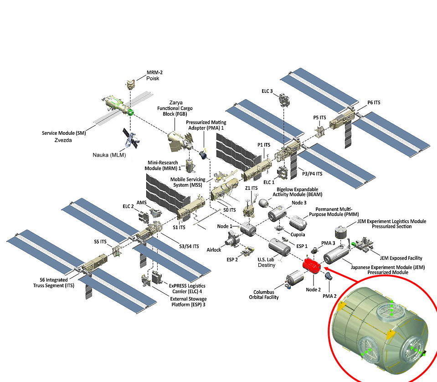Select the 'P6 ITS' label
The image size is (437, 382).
(x=374, y=103)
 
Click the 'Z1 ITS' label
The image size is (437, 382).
(x=251, y=188)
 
